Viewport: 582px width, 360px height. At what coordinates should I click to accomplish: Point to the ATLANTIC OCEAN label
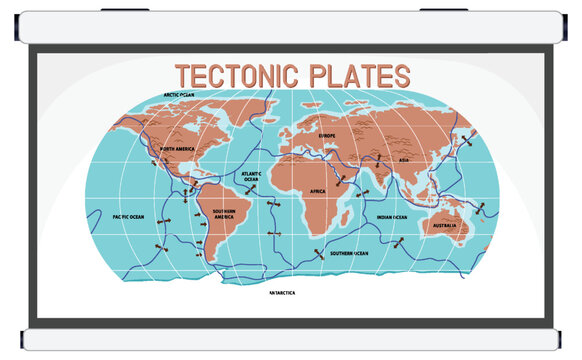click(252, 176)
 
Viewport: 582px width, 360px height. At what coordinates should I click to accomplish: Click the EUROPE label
click(327, 135)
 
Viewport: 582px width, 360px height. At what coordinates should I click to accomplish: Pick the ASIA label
click(403, 159)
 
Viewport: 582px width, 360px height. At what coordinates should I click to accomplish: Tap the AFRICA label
click(318, 191)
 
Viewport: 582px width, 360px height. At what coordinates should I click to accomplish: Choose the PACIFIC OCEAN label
click(128, 216)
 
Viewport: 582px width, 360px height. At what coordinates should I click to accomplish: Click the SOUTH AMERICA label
click(223, 216)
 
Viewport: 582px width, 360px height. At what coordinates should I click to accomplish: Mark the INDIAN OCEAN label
click(392, 217)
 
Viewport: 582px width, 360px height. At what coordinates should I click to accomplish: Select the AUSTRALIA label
click(444, 226)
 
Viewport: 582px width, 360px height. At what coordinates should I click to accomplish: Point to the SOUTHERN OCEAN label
click(349, 253)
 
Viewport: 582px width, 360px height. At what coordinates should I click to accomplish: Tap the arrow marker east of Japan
click(464, 142)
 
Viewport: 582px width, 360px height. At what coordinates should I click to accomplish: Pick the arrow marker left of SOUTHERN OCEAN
click(318, 253)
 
